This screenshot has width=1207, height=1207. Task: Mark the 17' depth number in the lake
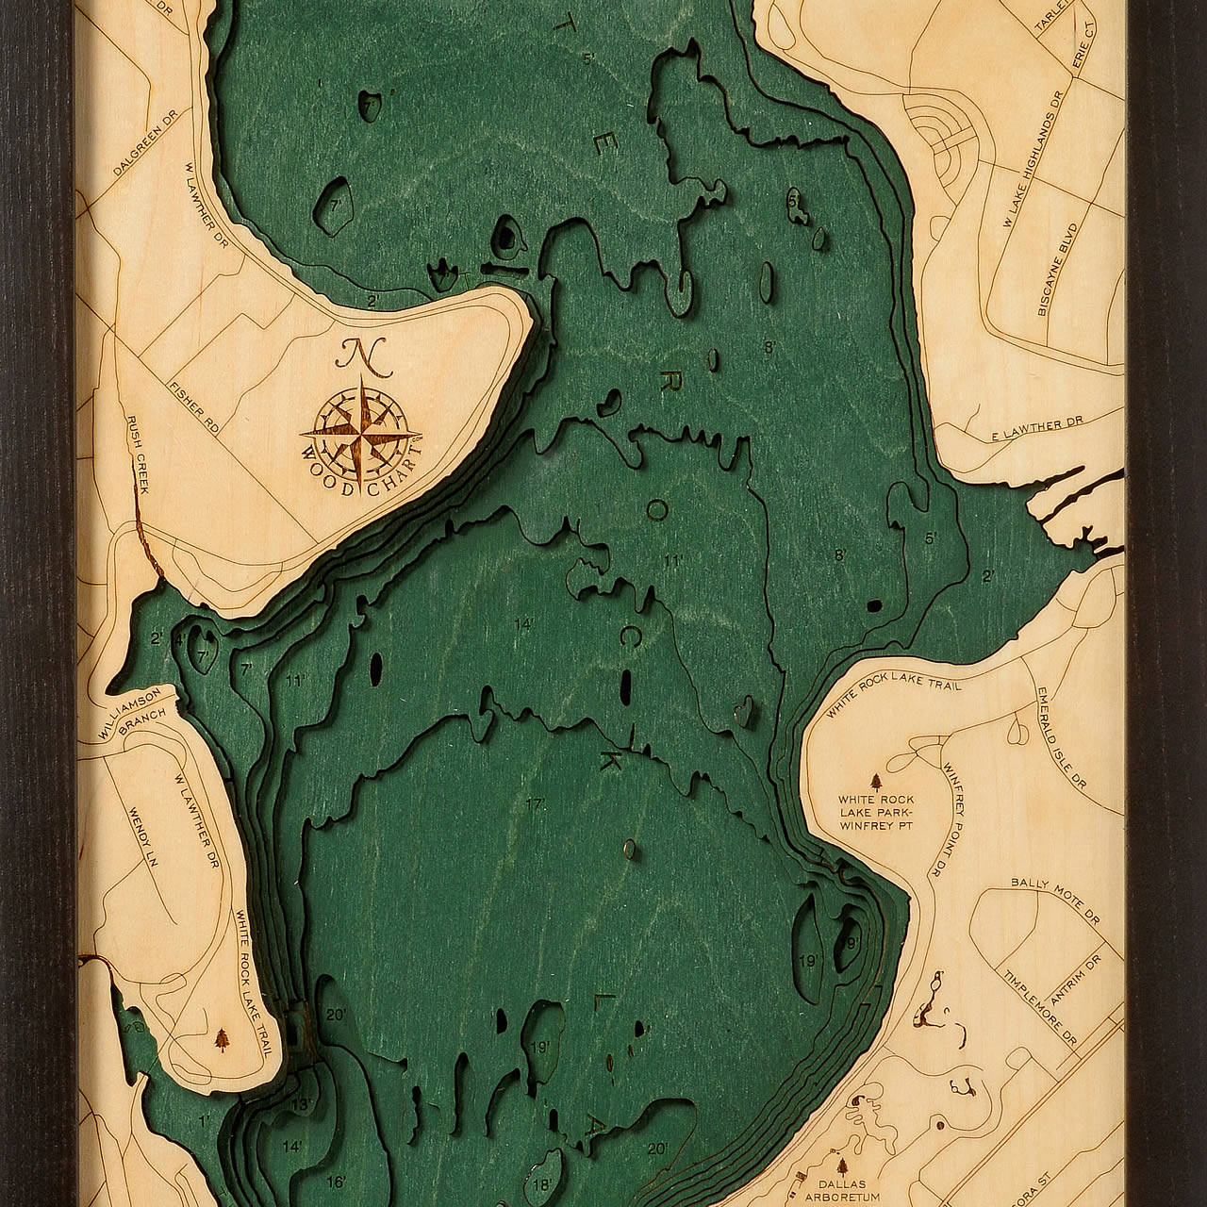click(x=537, y=804)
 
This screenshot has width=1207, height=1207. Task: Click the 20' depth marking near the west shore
click(x=336, y=1016)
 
